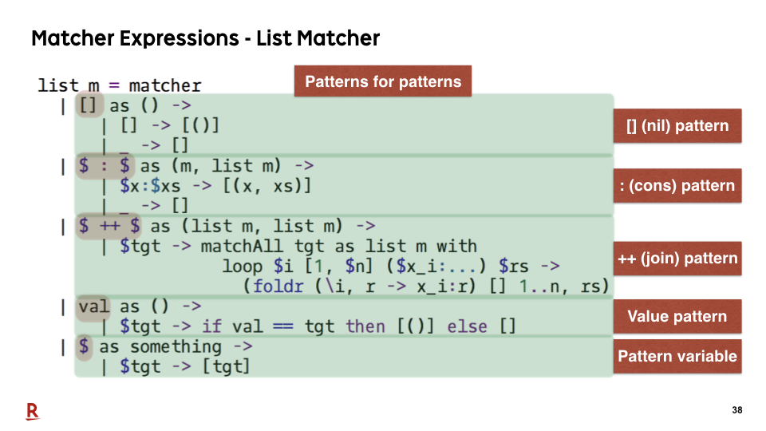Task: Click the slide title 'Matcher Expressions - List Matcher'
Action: (x=205, y=38)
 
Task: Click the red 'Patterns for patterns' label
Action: (x=383, y=81)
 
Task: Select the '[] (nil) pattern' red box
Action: (x=677, y=125)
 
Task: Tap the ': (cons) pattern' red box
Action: (x=677, y=186)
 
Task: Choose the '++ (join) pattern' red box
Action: (x=677, y=258)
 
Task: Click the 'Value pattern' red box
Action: (x=677, y=316)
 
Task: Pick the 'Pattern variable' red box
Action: (x=677, y=356)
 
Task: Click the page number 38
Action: (x=737, y=410)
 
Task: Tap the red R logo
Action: (x=32, y=412)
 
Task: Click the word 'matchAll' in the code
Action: (x=241, y=246)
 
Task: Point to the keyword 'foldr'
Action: (x=278, y=286)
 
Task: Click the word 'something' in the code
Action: (x=176, y=347)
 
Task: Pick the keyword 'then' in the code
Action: (x=365, y=326)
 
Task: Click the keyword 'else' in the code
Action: (x=467, y=326)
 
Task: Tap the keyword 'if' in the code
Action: (x=211, y=326)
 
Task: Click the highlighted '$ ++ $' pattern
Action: (x=109, y=226)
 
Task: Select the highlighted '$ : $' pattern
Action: (x=105, y=166)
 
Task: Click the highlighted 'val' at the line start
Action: (x=93, y=306)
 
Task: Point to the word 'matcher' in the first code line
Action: (x=165, y=85)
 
